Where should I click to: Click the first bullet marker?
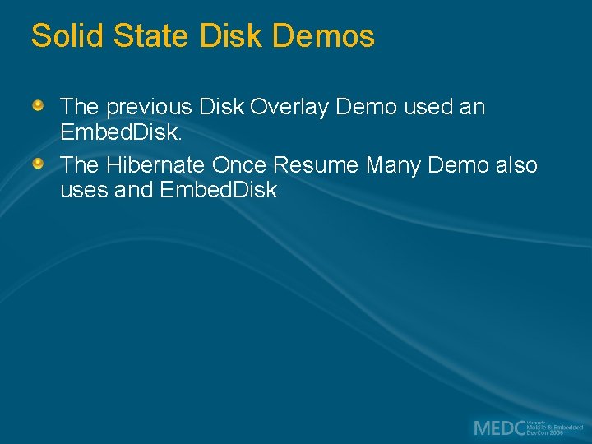38,106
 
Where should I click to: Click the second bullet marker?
38,164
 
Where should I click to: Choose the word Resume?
315,165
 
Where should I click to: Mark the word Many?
393,165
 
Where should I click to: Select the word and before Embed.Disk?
133,191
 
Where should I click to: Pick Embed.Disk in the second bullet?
219,191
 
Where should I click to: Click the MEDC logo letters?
499,428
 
